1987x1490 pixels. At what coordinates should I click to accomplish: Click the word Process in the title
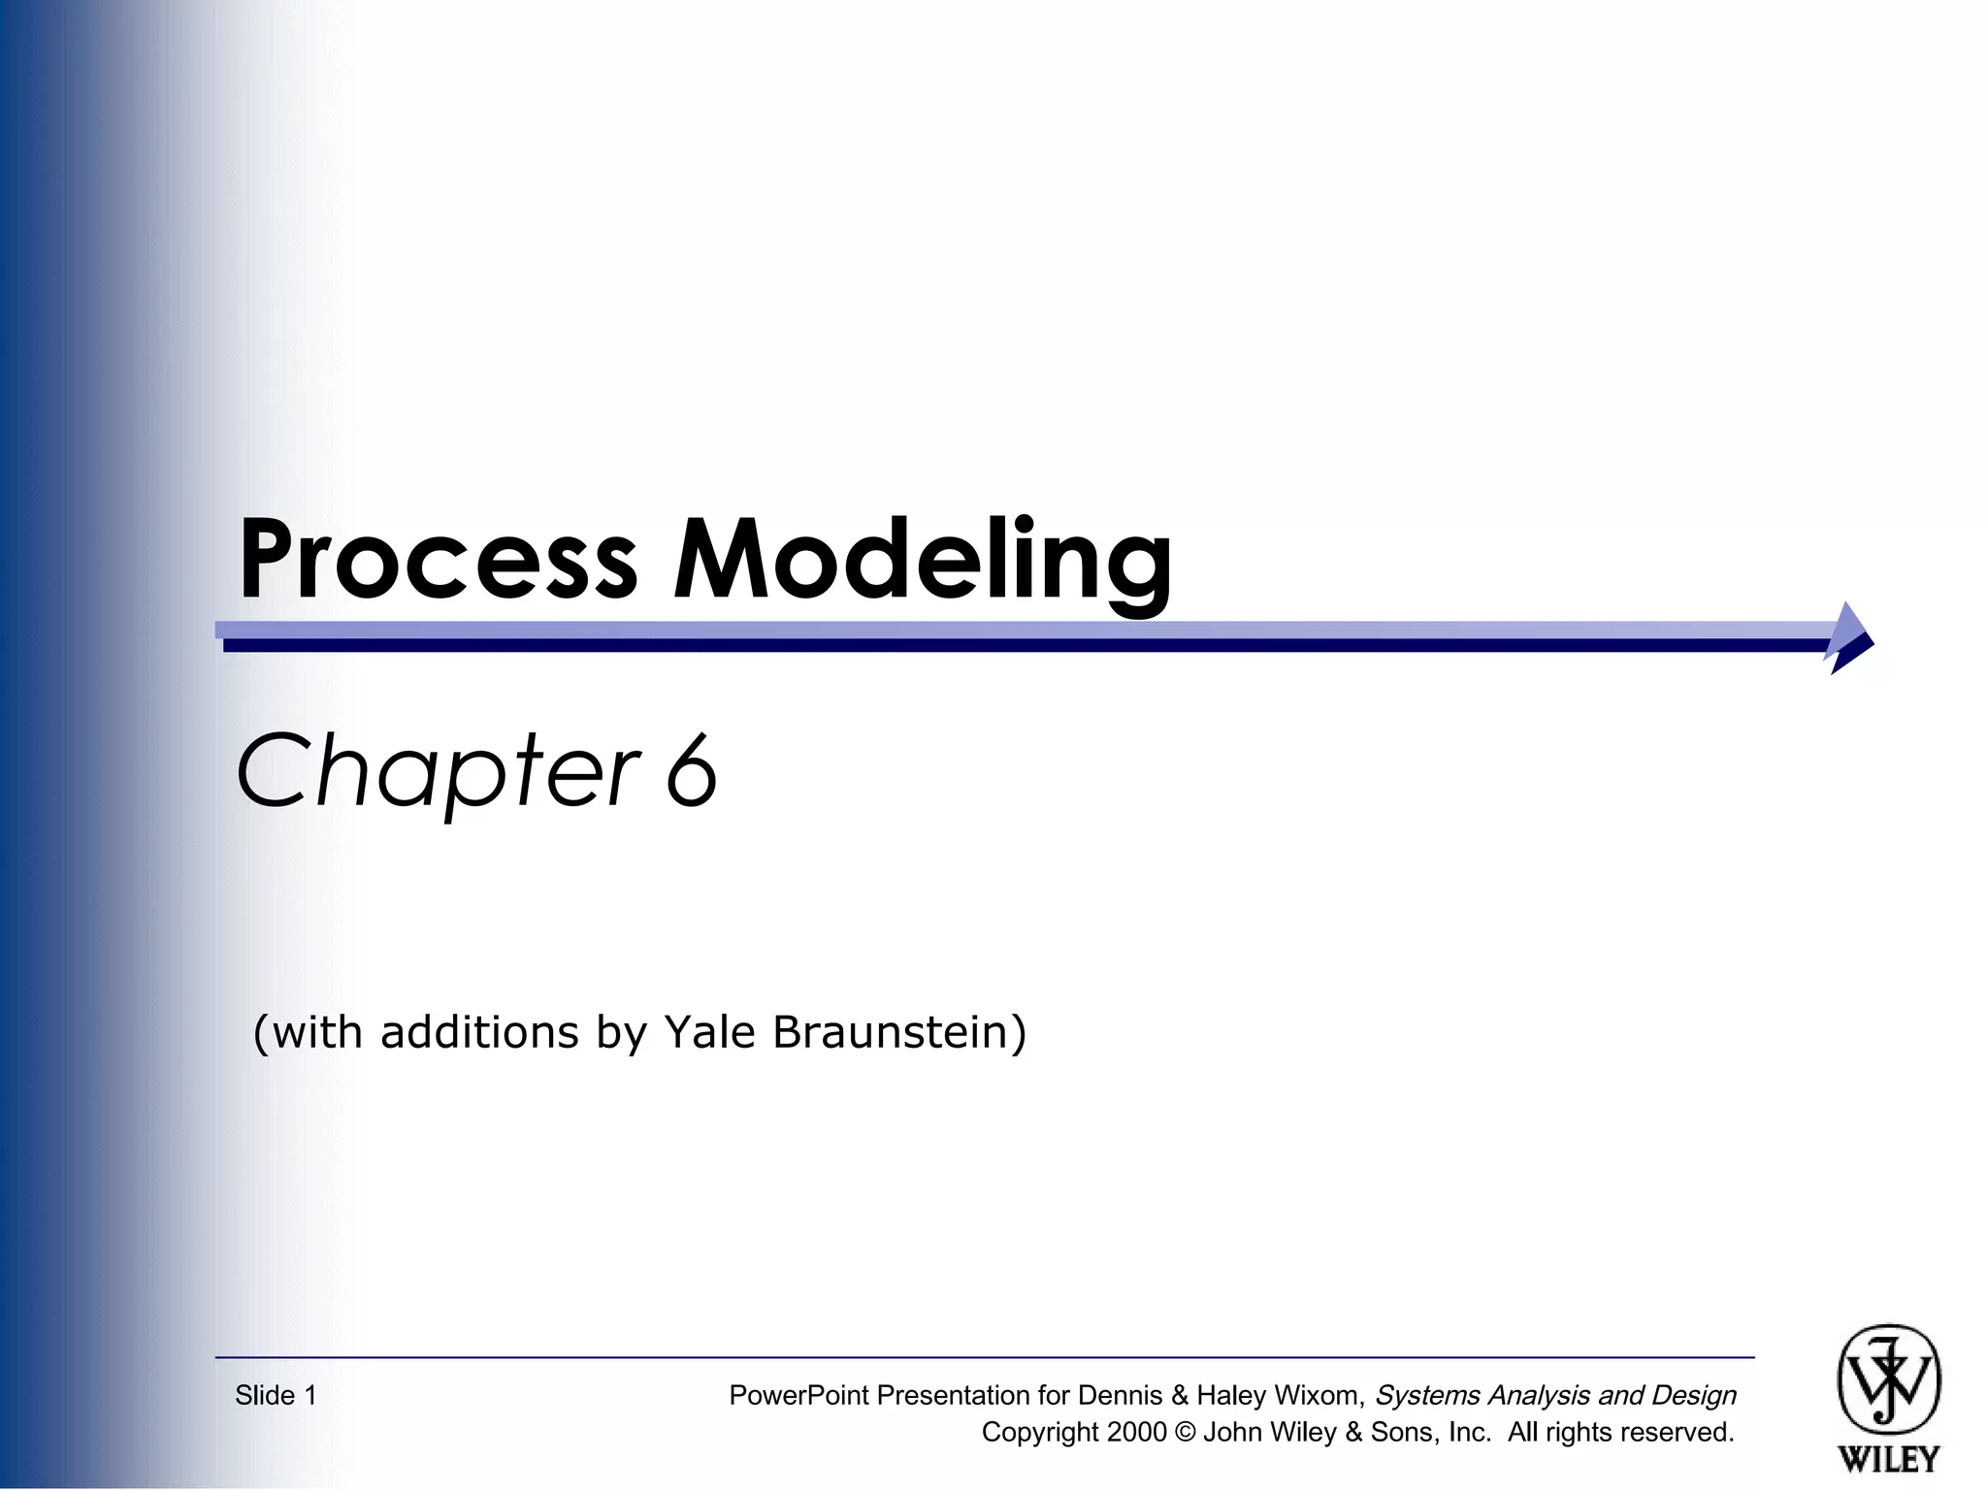tap(438, 560)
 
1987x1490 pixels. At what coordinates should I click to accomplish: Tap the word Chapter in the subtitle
tap(438, 770)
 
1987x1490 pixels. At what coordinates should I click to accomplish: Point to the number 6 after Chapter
tap(692, 770)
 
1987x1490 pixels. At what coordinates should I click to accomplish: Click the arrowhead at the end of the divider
tap(1849, 637)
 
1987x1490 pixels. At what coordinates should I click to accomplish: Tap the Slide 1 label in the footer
tap(276, 1396)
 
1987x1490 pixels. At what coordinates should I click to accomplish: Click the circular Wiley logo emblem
tap(1888, 1380)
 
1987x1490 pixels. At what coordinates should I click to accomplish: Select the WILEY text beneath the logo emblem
tap(1888, 1458)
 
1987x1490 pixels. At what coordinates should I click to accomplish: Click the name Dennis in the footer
tap(1120, 1396)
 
